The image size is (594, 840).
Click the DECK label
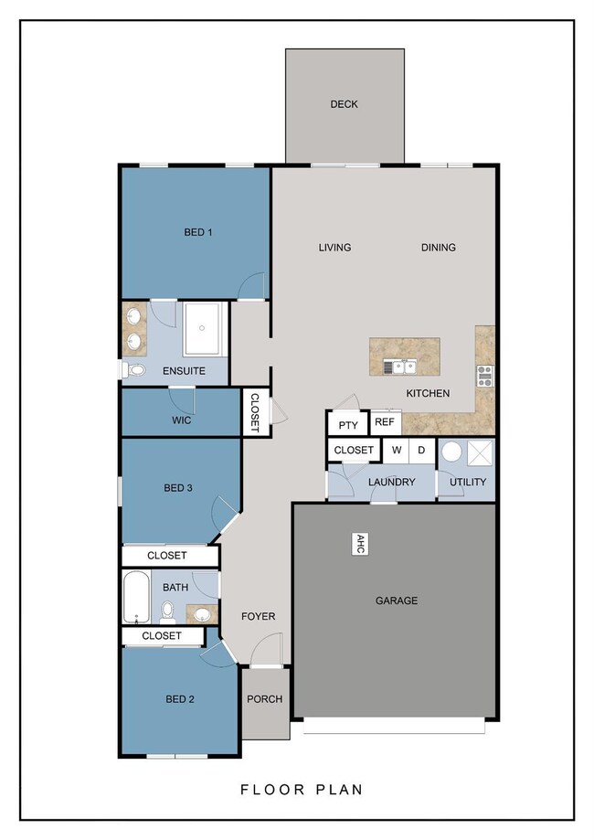click(x=344, y=104)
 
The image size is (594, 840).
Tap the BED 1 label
click(x=198, y=232)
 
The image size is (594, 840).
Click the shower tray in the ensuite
click(x=203, y=328)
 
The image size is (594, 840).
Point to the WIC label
click(x=182, y=420)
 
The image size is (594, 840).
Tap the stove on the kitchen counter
click(x=484, y=376)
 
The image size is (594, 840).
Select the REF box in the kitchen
click(x=385, y=422)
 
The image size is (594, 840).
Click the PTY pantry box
click(x=348, y=425)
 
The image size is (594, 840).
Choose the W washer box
click(x=396, y=450)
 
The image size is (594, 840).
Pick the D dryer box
click(x=421, y=450)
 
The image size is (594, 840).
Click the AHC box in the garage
click(x=360, y=544)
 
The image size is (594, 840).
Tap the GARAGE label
click(x=397, y=601)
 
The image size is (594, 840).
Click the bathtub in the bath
click(x=136, y=597)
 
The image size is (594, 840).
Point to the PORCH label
click(x=265, y=699)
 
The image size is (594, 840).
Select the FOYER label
click(x=259, y=617)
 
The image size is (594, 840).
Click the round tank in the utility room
click(x=451, y=452)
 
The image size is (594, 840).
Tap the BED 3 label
click(x=178, y=488)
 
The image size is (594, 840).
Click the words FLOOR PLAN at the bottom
click(x=302, y=789)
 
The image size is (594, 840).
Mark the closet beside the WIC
click(x=255, y=412)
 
